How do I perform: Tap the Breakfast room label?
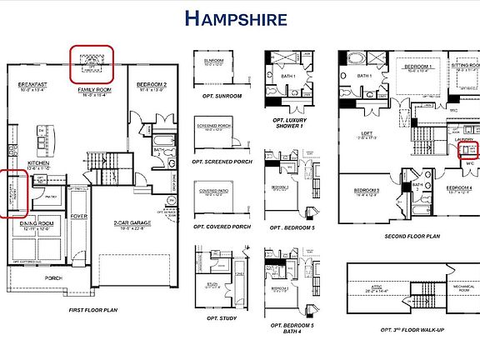click(30, 84)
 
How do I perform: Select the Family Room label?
click(95, 89)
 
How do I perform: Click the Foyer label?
click(79, 216)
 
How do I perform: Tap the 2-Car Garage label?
click(132, 223)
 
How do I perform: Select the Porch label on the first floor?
click(53, 278)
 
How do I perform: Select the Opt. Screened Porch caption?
click(222, 161)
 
